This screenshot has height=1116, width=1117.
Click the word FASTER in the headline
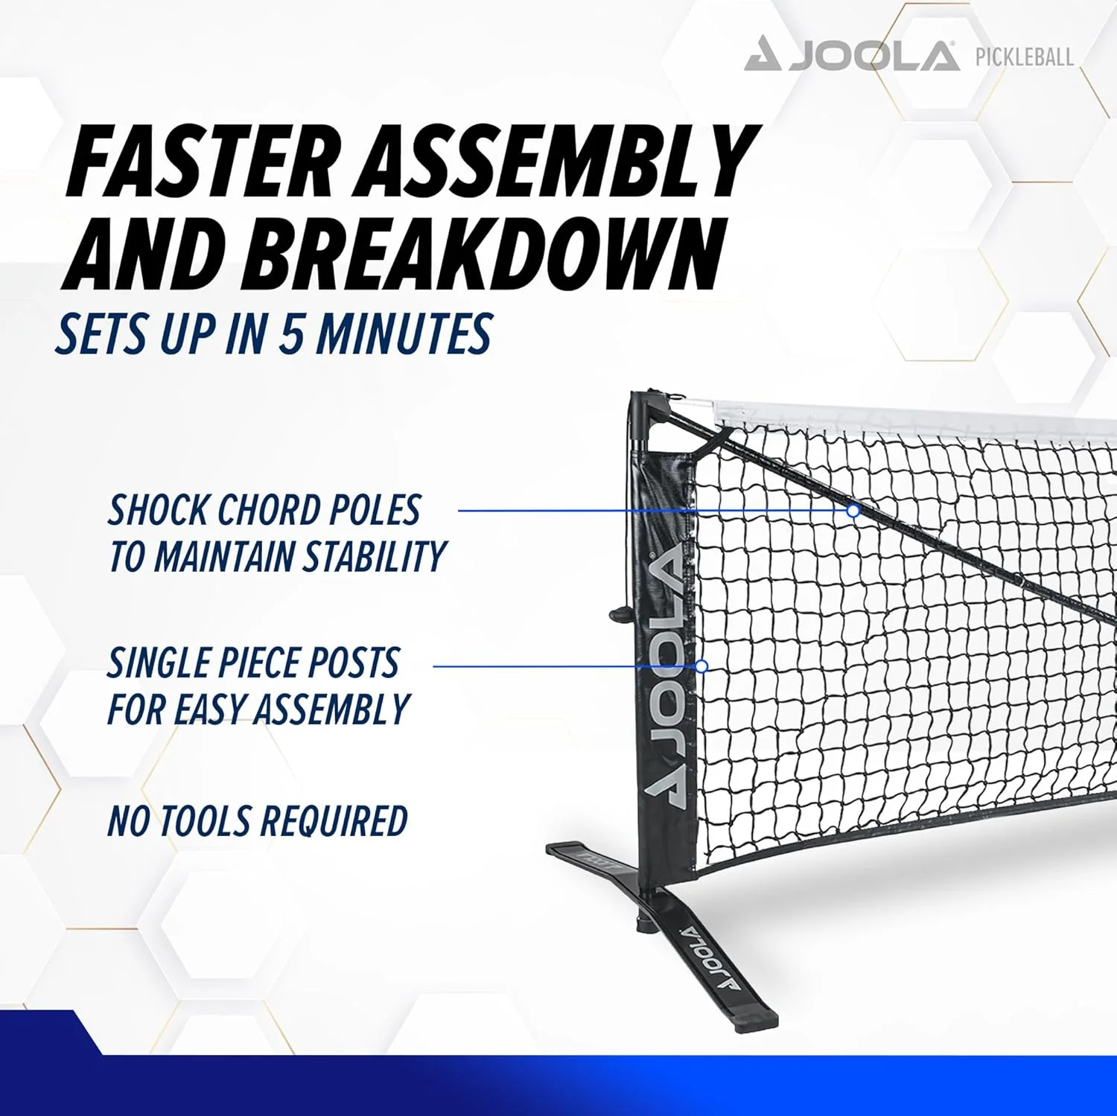pos(201,162)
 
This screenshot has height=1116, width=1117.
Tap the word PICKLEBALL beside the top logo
pos(1024,57)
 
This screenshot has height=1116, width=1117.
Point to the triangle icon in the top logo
pos(763,56)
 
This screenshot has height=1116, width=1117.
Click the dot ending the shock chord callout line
pos(853,511)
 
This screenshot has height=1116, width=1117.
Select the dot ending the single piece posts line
pos(701,666)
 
